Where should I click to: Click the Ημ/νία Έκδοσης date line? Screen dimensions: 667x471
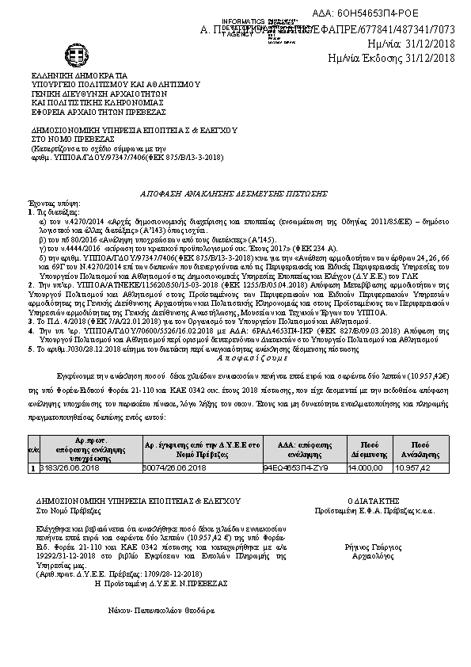point(392,57)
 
